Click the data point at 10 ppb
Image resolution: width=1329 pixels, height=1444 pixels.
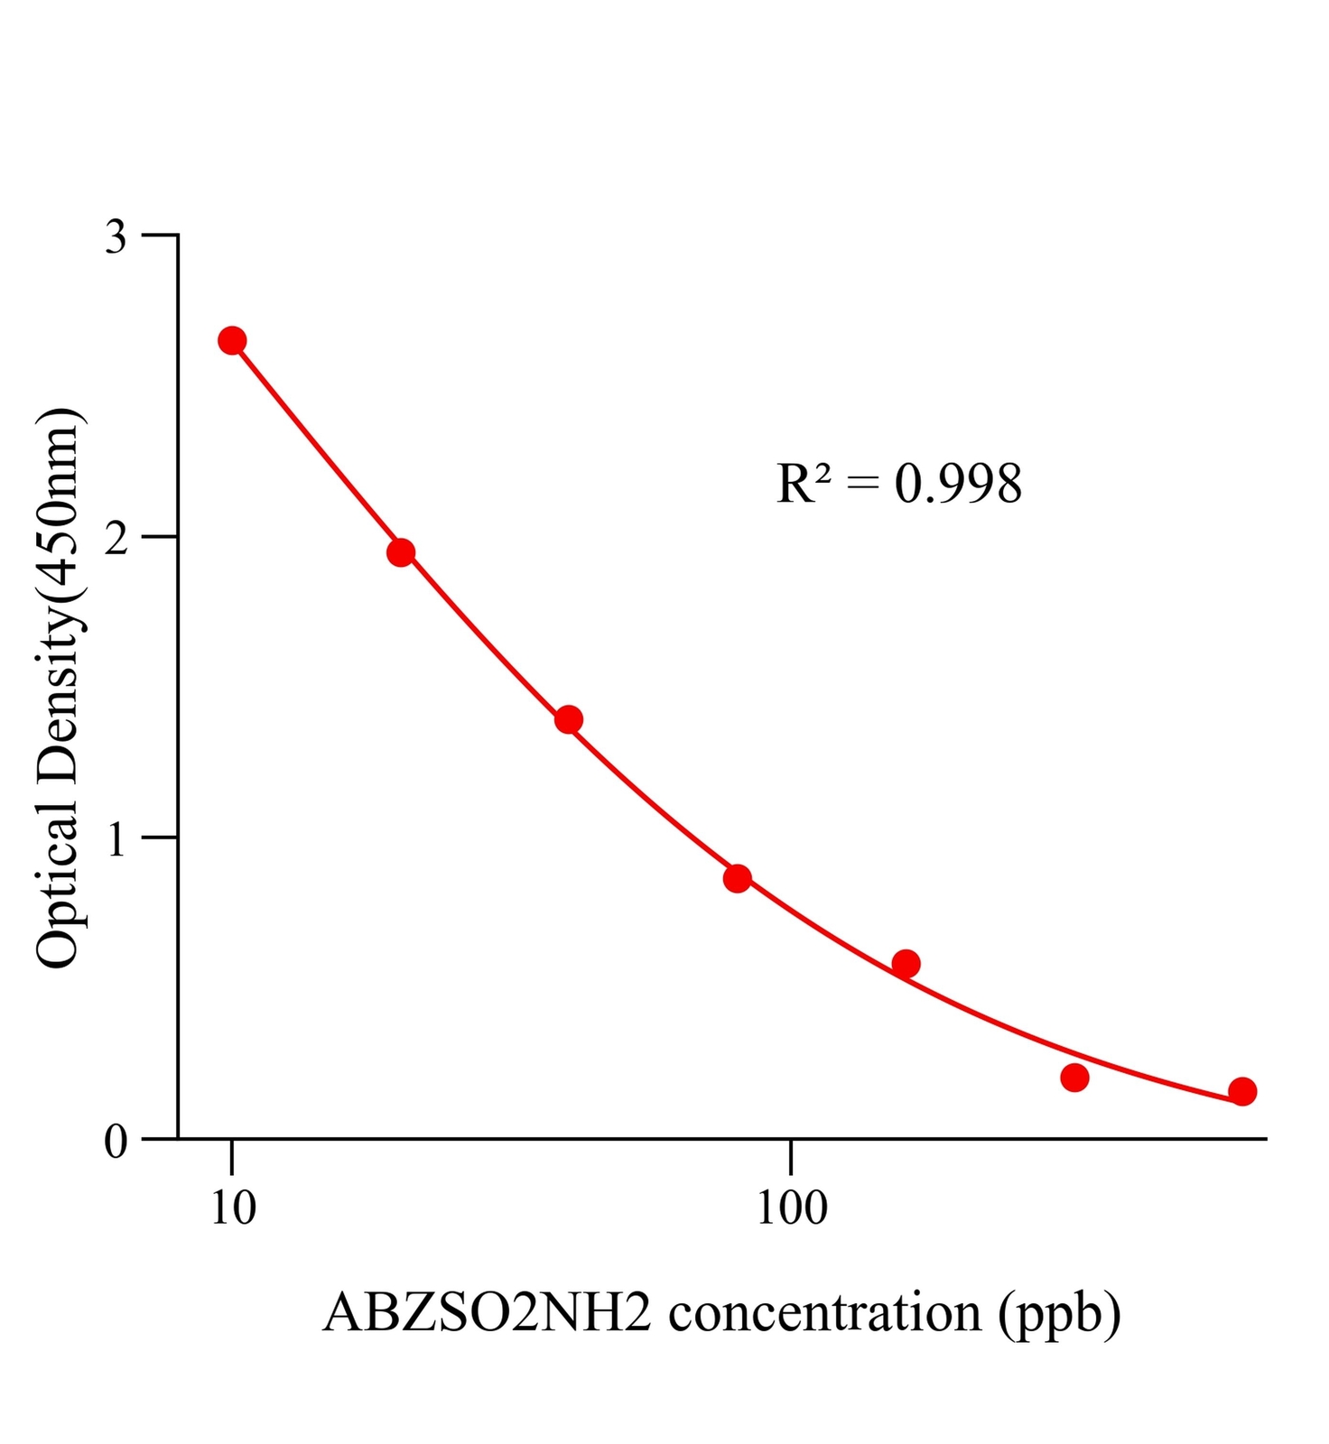pos(232,340)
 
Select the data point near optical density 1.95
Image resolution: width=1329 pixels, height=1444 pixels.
pos(401,552)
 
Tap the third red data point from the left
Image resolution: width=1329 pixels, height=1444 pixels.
pos(568,719)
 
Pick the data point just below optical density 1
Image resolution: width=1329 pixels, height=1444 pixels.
pos(738,878)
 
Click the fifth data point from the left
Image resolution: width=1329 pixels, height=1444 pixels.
pos(906,964)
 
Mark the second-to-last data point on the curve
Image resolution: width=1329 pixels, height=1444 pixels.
pos(1074,1078)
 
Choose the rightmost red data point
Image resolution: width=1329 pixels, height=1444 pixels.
pos(1242,1091)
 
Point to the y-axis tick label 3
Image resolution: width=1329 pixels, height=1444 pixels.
pos(116,236)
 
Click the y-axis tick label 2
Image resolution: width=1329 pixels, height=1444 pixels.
pos(116,538)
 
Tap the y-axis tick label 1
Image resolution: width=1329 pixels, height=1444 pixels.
pos(116,839)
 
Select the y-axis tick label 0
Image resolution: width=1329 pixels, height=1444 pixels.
pos(116,1142)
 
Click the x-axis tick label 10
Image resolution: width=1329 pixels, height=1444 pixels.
pos(233,1208)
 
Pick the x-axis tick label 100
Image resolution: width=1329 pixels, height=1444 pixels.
pos(791,1208)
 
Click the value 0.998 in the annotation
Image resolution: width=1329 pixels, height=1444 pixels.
pos(958,484)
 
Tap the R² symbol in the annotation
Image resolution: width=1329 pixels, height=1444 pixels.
pos(803,484)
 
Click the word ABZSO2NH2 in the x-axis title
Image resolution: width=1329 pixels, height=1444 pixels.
pos(487,1312)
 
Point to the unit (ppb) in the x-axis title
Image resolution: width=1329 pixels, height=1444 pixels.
pos(1060,1314)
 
